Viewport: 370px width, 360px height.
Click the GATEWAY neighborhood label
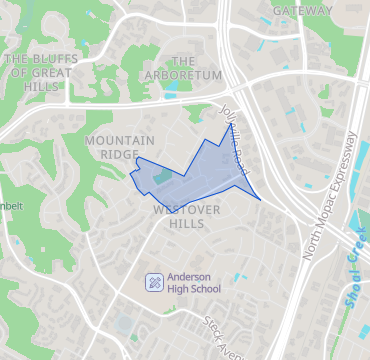point(301,10)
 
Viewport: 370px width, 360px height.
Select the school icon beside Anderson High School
point(153,282)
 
